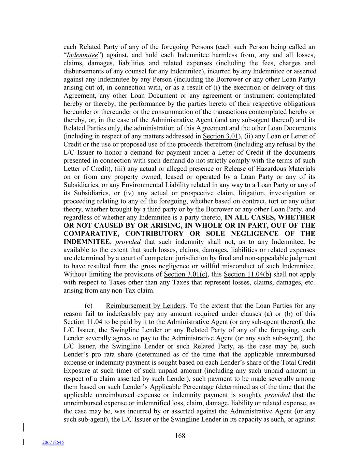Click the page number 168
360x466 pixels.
coord(180,436)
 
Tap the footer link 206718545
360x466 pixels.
coord(53,442)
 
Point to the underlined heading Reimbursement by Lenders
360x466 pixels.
coord(145,306)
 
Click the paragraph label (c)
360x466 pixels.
coord(88,306)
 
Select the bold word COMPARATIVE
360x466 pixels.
coord(90,234)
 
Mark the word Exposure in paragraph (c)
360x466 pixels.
coord(77,371)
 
